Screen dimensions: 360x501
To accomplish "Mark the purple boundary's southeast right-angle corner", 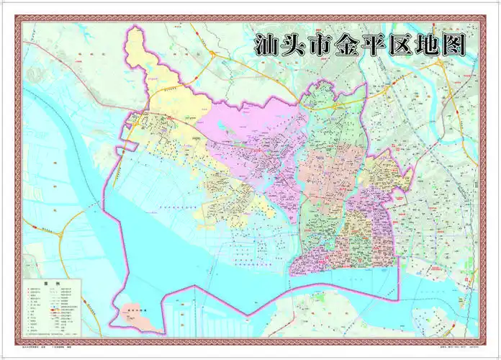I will [397, 299].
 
